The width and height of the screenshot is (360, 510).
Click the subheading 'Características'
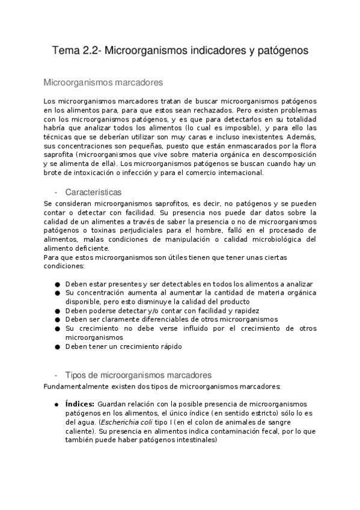(x=93, y=192)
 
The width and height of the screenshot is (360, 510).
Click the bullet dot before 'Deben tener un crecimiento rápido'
(x=56, y=347)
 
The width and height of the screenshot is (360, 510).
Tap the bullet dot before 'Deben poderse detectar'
(x=56, y=311)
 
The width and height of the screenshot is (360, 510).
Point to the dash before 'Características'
(x=56, y=192)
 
